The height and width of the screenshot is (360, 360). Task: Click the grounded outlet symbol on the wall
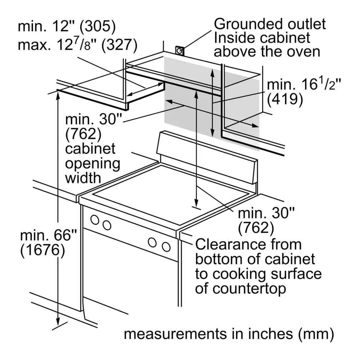tap(180, 51)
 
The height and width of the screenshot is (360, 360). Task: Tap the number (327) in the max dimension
tap(119, 45)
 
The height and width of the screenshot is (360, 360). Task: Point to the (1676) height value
tap(43, 251)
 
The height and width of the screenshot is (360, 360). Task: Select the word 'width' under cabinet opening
tap(82, 177)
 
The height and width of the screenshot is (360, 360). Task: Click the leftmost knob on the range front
tap(95, 219)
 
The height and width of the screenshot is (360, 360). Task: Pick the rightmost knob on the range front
tap(166, 247)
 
